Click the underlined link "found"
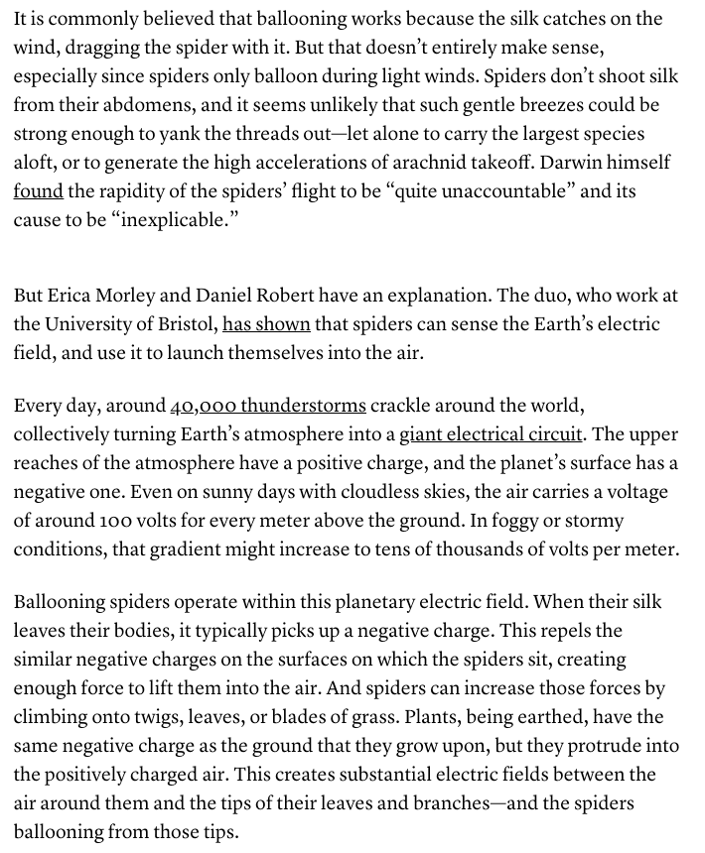[x=38, y=189]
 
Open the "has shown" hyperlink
[x=266, y=324]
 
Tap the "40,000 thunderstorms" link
[x=268, y=406]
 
